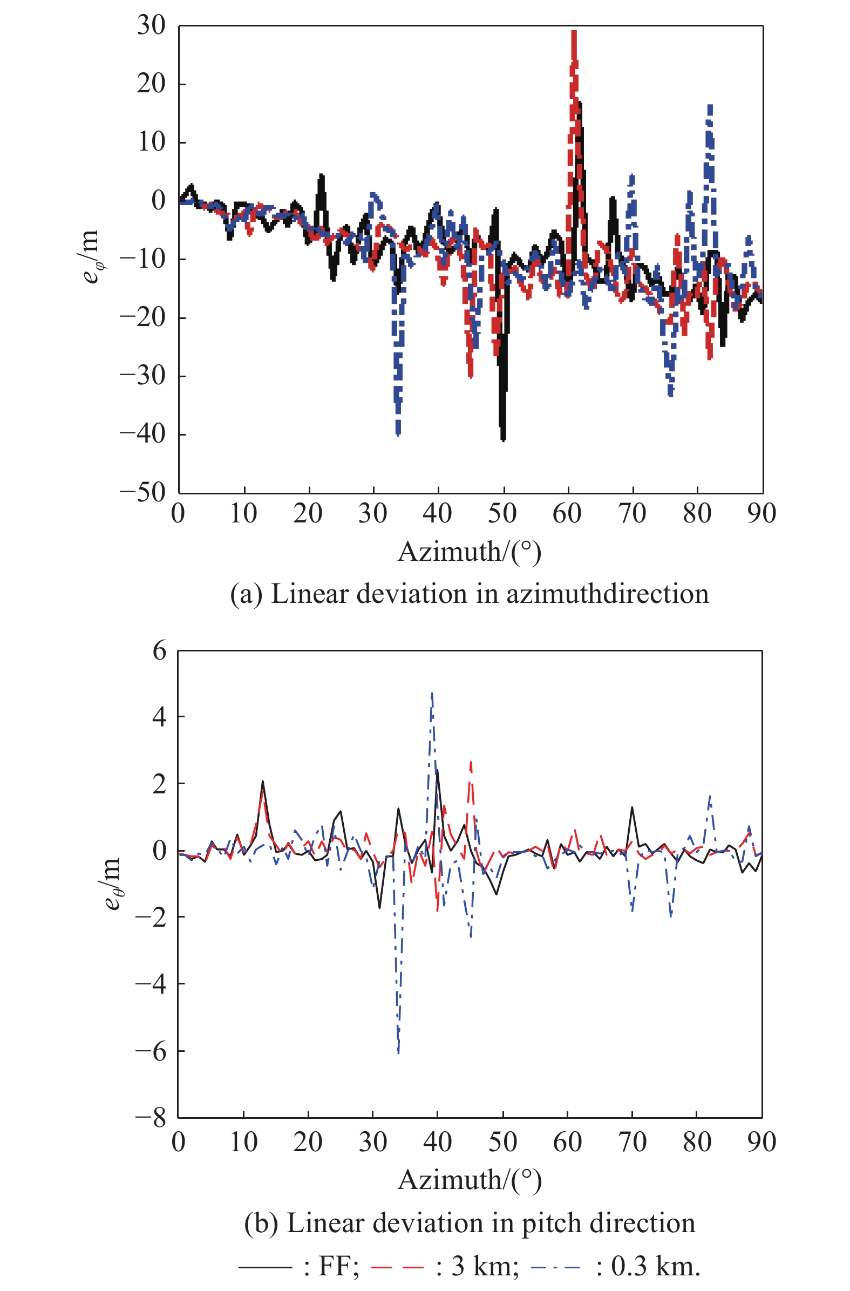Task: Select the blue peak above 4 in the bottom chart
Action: point(432,694)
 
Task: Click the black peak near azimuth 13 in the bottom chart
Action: point(263,782)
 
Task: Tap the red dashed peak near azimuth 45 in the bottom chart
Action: point(471,762)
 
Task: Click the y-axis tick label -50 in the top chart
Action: point(142,493)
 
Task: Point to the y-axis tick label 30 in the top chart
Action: point(151,25)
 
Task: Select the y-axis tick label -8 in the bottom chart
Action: point(151,1118)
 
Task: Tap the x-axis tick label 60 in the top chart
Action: point(567,514)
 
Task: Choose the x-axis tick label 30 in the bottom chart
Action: point(373,1142)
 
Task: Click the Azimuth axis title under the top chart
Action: point(469,552)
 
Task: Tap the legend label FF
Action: point(338,1266)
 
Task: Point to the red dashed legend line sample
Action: point(397,1267)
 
